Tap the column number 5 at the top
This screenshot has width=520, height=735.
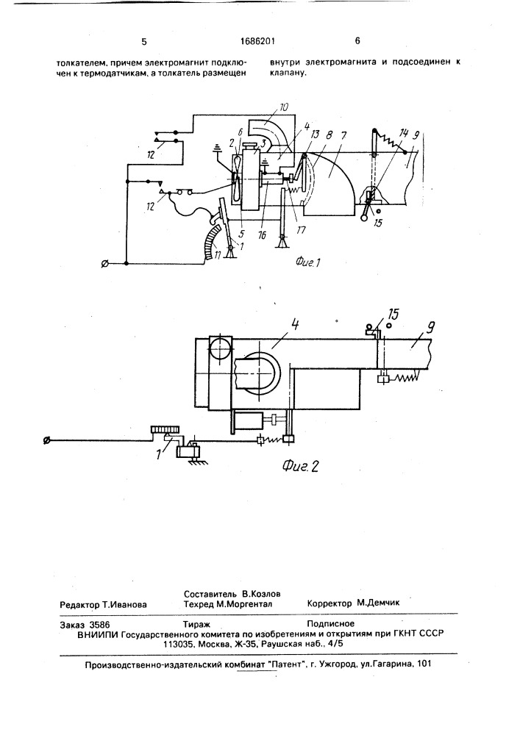pos(144,42)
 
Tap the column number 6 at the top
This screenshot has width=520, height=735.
pos(357,42)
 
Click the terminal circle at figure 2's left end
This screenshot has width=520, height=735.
pos(47,441)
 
